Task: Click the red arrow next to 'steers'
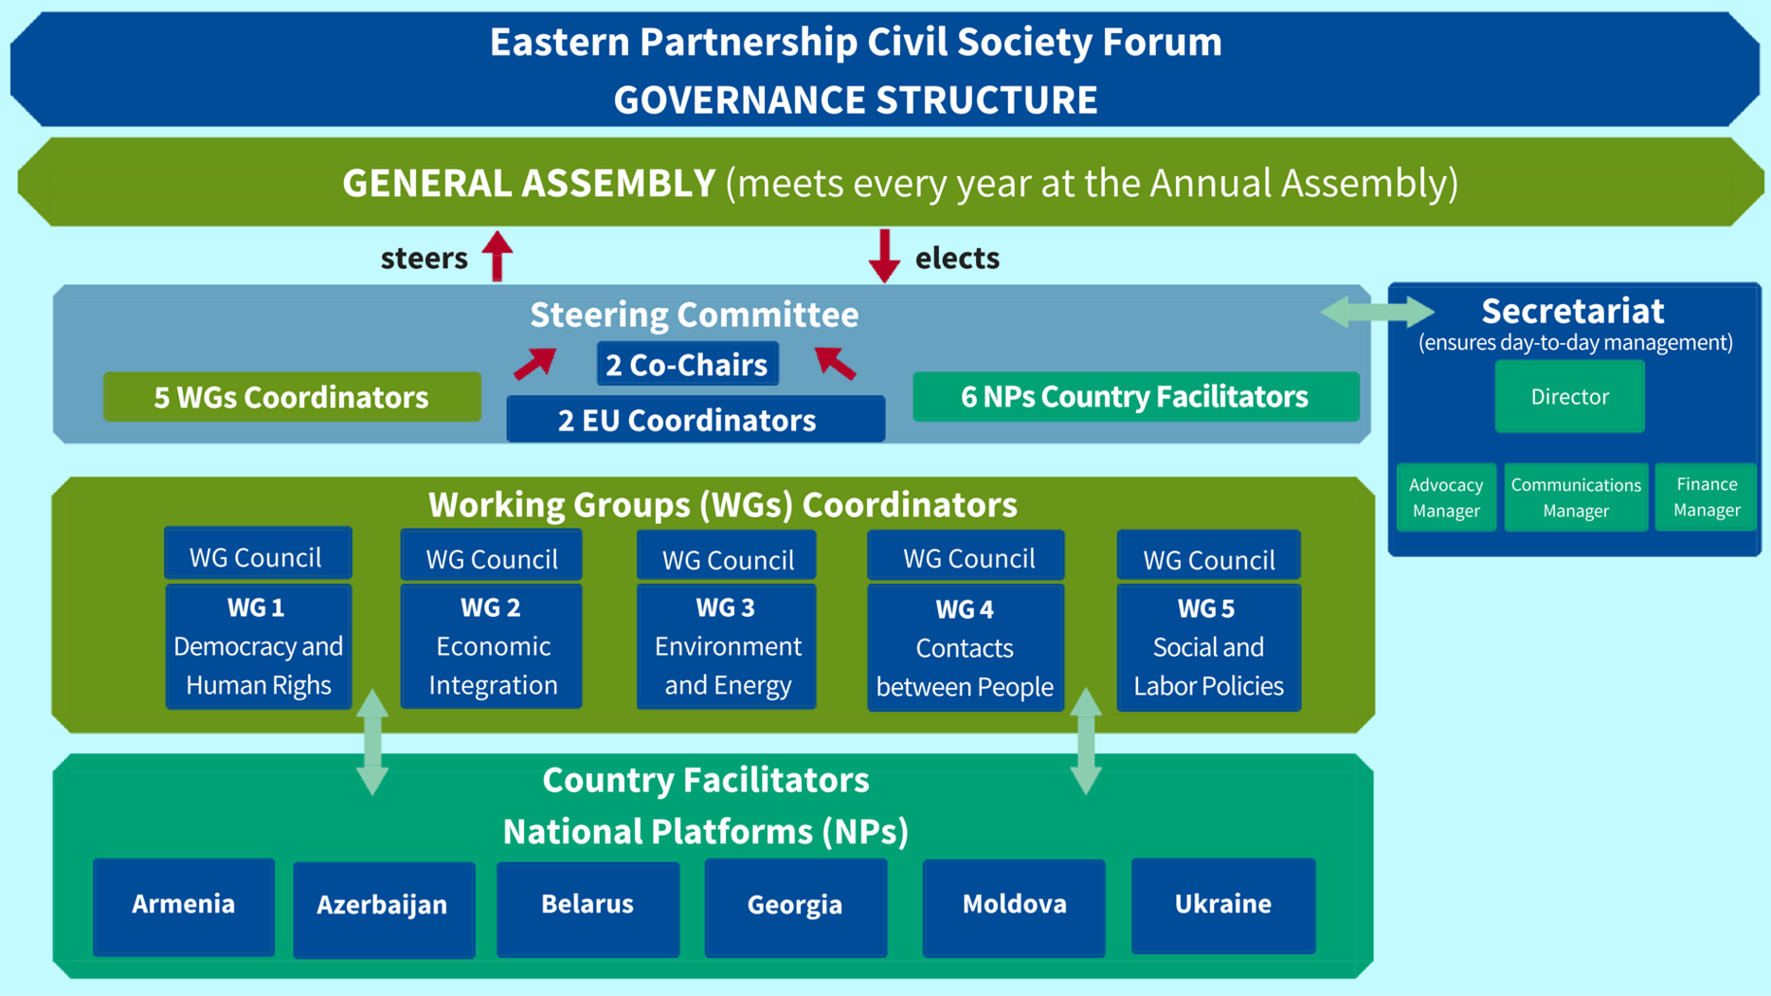tap(497, 256)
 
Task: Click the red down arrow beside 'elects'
tap(884, 256)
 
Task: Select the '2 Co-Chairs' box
tap(687, 364)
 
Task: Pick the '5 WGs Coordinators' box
tap(292, 397)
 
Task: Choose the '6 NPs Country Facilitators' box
tap(1135, 396)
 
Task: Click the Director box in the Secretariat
tap(1569, 396)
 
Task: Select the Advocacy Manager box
tap(1445, 498)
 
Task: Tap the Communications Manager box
tap(1575, 498)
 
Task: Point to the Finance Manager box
tap(1706, 497)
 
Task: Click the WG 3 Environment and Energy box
tap(726, 646)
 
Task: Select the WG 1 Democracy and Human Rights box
tap(258, 646)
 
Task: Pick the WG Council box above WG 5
tap(1208, 558)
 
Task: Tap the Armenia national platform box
tap(184, 905)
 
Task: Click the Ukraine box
tap(1222, 905)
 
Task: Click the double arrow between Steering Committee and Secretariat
tap(1378, 312)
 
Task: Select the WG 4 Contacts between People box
tap(965, 648)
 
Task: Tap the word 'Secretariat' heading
tap(1572, 311)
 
